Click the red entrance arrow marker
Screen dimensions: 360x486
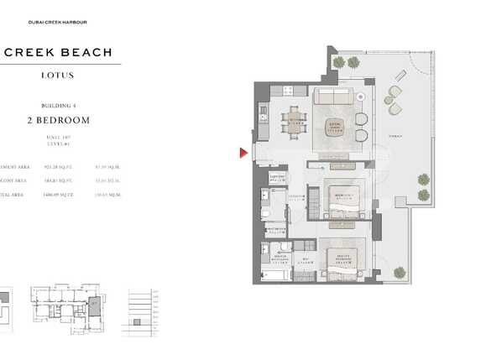click(243, 153)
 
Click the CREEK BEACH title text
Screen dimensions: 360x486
click(58, 52)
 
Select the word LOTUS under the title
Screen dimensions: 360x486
click(58, 76)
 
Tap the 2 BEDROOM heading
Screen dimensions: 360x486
click(58, 121)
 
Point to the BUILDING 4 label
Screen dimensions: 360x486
click(58, 106)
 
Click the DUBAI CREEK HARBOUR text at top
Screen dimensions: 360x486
click(58, 22)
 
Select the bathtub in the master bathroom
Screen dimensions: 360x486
click(273, 274)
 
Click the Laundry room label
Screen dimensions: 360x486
click(278, 177)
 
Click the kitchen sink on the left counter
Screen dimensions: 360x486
click(263, 110)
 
